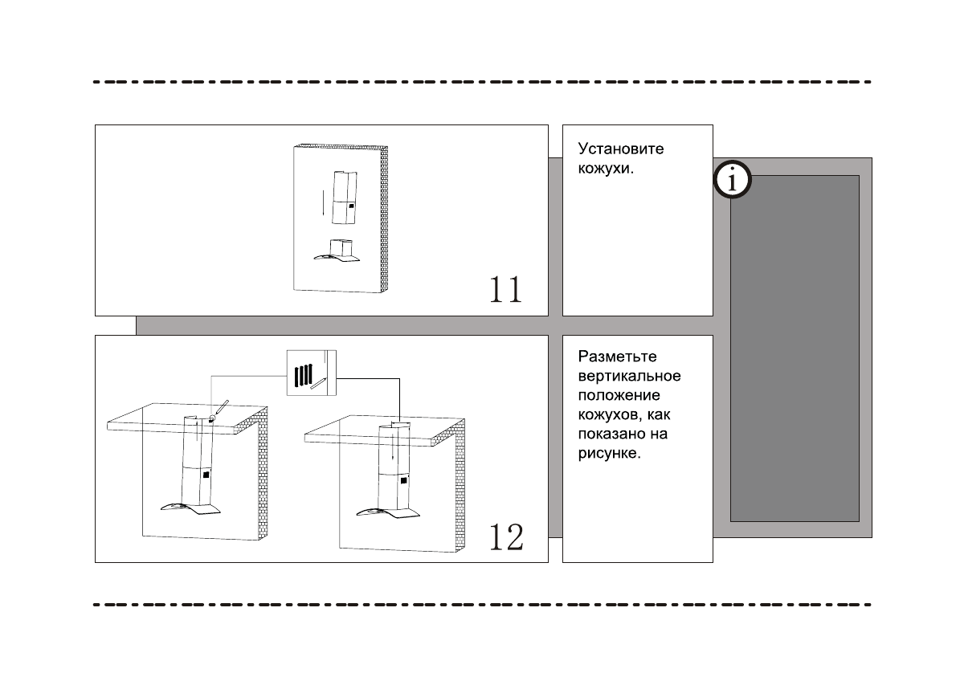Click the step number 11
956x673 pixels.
(506, 289)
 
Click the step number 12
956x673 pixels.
(506, 536)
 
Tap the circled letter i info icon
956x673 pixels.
(732, 181)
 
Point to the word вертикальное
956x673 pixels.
(630, 377)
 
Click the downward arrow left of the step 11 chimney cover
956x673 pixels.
(323, 204)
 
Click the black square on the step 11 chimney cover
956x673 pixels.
(352, 207)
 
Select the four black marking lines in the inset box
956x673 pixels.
(303, 375)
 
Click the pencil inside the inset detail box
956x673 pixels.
(320, 381)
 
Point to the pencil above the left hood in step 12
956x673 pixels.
(220, 408)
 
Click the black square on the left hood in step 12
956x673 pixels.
(207, 474)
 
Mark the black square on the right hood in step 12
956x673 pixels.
(403, 479)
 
